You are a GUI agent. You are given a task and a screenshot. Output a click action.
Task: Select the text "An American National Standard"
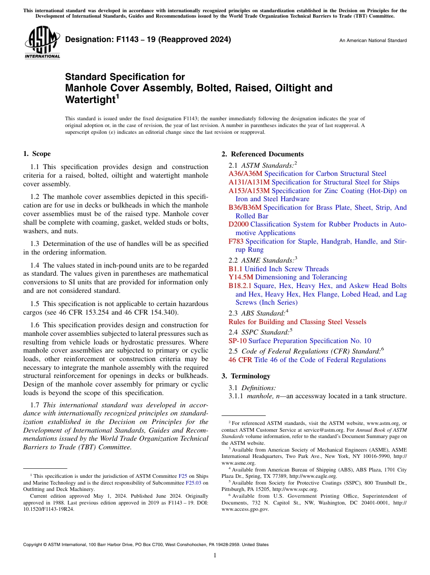[373, 41]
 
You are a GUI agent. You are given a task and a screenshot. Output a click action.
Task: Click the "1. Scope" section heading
[37, 154]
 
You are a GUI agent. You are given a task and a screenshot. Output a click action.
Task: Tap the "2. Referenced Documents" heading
[263, 154]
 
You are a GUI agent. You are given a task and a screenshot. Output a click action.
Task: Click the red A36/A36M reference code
[245, 174]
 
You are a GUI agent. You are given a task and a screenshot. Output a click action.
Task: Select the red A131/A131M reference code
[249, 182]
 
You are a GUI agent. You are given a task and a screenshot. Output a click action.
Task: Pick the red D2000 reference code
[238, 224]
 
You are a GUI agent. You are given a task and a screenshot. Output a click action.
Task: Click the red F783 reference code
[236, 241]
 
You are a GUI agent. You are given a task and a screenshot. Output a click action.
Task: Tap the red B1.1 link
[235, 269]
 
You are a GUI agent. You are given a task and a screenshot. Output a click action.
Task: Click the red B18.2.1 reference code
[240, 286]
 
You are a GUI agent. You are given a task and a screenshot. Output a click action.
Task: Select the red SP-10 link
[237, 341]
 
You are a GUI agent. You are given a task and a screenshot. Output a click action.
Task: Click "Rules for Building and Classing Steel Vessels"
[297, 322]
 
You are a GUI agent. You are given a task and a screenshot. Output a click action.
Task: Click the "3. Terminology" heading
[250, 376]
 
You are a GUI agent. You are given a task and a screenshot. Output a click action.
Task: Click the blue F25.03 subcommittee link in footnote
[194, 483]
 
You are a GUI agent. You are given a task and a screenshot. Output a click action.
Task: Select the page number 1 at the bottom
[215, 556]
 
